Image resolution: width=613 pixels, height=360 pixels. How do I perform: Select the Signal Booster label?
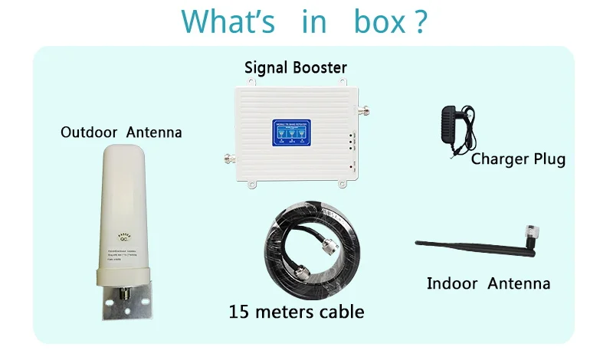tap(296, 67)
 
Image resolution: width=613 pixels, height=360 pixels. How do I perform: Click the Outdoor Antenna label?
tap(121, 133)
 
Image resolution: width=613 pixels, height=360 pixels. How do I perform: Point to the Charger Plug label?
tap(518, 159)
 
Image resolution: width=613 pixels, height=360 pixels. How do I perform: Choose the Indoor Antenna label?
tap(488, 284)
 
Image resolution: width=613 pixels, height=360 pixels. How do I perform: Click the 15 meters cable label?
tap(296, 312)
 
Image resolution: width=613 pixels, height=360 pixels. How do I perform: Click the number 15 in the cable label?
tap(240, 312)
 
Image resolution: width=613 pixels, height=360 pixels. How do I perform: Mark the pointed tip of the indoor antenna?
tap(418, 244)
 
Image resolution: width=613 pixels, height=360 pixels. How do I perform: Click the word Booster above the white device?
tap(320, 67)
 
